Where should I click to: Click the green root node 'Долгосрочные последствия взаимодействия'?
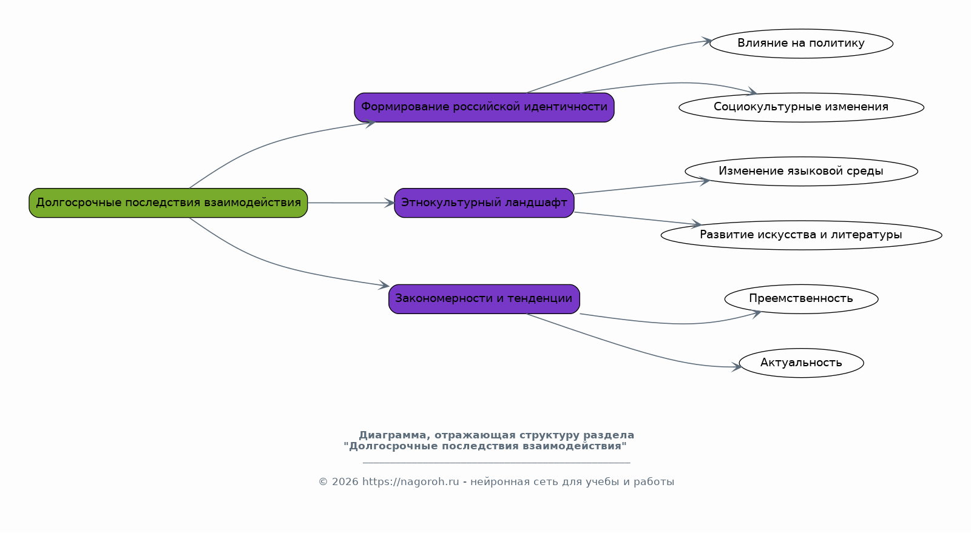click(x=168, y=203)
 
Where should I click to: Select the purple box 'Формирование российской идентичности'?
click(x=484, y=107)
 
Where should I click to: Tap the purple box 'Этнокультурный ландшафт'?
click(x=484, y=203)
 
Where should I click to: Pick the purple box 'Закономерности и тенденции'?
click(x=484, y=299)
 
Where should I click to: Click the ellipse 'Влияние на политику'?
click(x=801, y=44)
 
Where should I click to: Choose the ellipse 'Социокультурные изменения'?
click(x=801, y=107)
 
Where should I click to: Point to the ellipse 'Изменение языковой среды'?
click(x=801, y=172)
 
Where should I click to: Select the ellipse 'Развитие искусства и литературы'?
click(x=801, y=235)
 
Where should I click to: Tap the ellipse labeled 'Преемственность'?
click(x=801, y=299)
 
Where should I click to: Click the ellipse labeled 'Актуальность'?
click(x=801, y=363)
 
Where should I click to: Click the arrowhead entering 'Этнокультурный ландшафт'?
click(x=389, y=203)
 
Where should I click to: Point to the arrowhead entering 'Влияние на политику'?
click(x=706, y=41)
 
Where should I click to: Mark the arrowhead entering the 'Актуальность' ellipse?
click(x=737, y=367)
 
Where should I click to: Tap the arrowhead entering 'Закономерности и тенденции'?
click(x=384, y=285)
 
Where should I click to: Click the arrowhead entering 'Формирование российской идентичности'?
click(x=370, y=124)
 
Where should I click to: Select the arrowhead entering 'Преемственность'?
click(x=756, y=313)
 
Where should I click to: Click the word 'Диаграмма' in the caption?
click(x=394, y=435)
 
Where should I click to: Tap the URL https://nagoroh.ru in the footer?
click(x=410, y=482)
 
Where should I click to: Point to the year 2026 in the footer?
click(x=345, y=482)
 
